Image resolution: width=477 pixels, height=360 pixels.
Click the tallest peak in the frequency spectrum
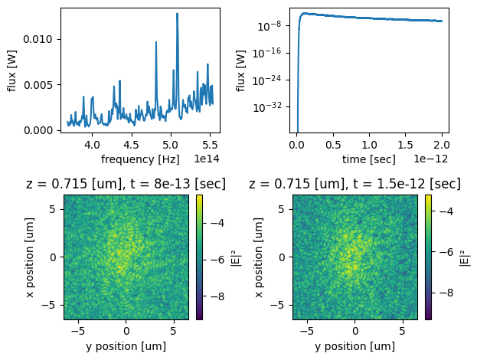(177, 14)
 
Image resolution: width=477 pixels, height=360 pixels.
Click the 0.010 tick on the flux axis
(40, 38)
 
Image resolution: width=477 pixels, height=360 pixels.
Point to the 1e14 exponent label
(204, 159)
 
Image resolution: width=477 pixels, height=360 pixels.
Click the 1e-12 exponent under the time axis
(431, 159)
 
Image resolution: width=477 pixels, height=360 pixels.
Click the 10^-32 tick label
(273, 106)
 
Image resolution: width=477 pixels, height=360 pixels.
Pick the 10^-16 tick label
(273, 52)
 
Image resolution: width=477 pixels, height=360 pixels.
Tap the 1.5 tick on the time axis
(406, 144)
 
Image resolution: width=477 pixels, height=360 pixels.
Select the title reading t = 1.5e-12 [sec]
(354, 184)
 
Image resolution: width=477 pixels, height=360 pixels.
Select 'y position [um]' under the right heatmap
(354, 347)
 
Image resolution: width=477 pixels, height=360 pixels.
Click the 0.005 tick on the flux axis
(40, 84)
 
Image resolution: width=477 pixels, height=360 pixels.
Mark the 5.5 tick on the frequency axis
(209, 144)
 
